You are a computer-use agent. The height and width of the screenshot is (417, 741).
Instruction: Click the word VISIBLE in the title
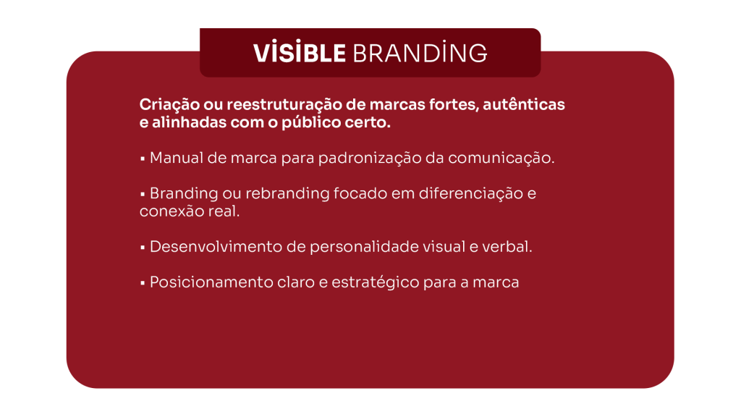[300, 53]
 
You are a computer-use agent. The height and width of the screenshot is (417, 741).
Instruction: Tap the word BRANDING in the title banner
[420, 53]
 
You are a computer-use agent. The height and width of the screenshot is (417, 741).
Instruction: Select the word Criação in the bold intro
[169, 105]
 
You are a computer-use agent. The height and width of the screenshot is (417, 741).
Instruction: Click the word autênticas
[524, 104]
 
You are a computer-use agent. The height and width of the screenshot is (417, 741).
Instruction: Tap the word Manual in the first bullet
[177, 158]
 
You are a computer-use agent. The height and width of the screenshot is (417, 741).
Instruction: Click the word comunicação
[501, 159]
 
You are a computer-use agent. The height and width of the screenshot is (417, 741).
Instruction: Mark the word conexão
[166, 211]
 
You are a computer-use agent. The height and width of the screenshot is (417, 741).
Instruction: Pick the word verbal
[507, 247]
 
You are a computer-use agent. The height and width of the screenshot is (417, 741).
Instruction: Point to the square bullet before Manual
[143, 159]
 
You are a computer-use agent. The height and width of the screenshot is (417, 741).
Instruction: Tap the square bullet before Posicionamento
[143, 283]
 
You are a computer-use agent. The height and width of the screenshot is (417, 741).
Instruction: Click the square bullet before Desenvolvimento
[143, 248]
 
